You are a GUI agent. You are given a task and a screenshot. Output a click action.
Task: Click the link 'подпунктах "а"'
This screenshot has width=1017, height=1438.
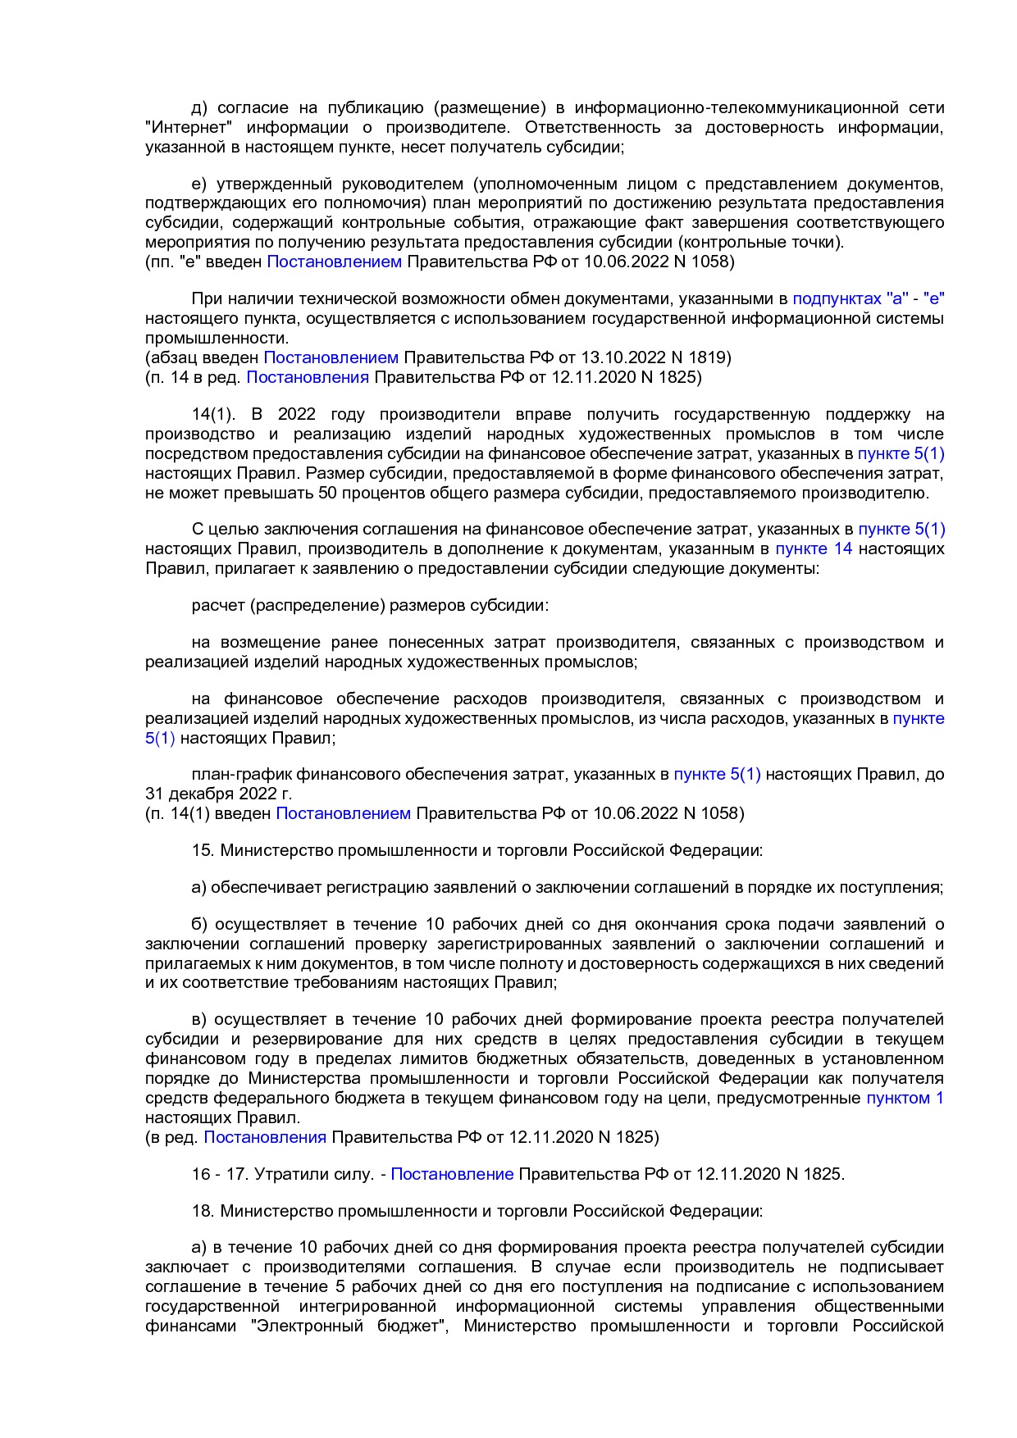point(850,299)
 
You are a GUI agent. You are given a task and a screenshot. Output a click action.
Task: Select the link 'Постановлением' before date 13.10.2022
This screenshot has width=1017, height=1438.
point(331,357)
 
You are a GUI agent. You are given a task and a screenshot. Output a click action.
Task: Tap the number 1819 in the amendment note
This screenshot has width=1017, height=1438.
point(709,357)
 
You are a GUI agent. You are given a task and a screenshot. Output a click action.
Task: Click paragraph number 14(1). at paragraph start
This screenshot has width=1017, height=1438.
point(213,414)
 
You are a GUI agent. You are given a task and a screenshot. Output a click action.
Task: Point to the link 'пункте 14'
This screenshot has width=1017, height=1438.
point(814,548)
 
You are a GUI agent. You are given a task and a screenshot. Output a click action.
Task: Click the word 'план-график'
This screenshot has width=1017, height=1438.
point(241,774)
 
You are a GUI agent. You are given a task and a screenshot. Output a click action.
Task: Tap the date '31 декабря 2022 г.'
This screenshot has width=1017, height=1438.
point(218,794)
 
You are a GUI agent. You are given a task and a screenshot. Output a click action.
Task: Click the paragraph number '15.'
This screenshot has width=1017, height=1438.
point(203,850)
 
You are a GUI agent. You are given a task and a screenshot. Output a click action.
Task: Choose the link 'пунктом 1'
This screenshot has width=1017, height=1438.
point(905,1098)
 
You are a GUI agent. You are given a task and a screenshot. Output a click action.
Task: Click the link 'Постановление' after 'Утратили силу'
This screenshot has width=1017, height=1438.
point(452,1174)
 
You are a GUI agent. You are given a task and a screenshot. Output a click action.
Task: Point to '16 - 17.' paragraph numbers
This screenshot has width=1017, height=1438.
point(220,1174)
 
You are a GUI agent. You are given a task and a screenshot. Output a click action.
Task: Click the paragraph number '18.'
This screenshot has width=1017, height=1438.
point(203,1211)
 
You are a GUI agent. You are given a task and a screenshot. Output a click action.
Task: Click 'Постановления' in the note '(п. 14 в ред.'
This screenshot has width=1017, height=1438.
point(308,377)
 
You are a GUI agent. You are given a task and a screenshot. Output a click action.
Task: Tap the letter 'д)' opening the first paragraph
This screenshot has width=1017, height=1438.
point(199,108)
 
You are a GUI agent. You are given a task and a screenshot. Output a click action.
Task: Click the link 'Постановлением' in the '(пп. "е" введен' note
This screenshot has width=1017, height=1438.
point(335,262)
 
